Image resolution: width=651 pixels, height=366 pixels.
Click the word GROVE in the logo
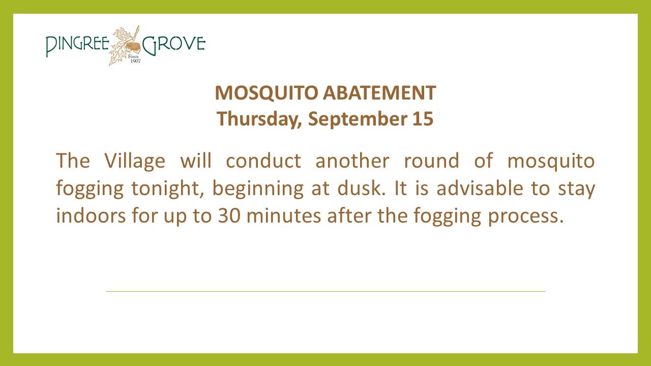click(x=174, y=45)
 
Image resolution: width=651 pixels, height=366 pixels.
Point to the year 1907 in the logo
click(x=135, y=61)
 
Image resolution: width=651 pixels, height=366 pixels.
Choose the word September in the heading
click(x=357, y=119)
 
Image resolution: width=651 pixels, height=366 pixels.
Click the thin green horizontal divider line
click(x=325, y=291)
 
